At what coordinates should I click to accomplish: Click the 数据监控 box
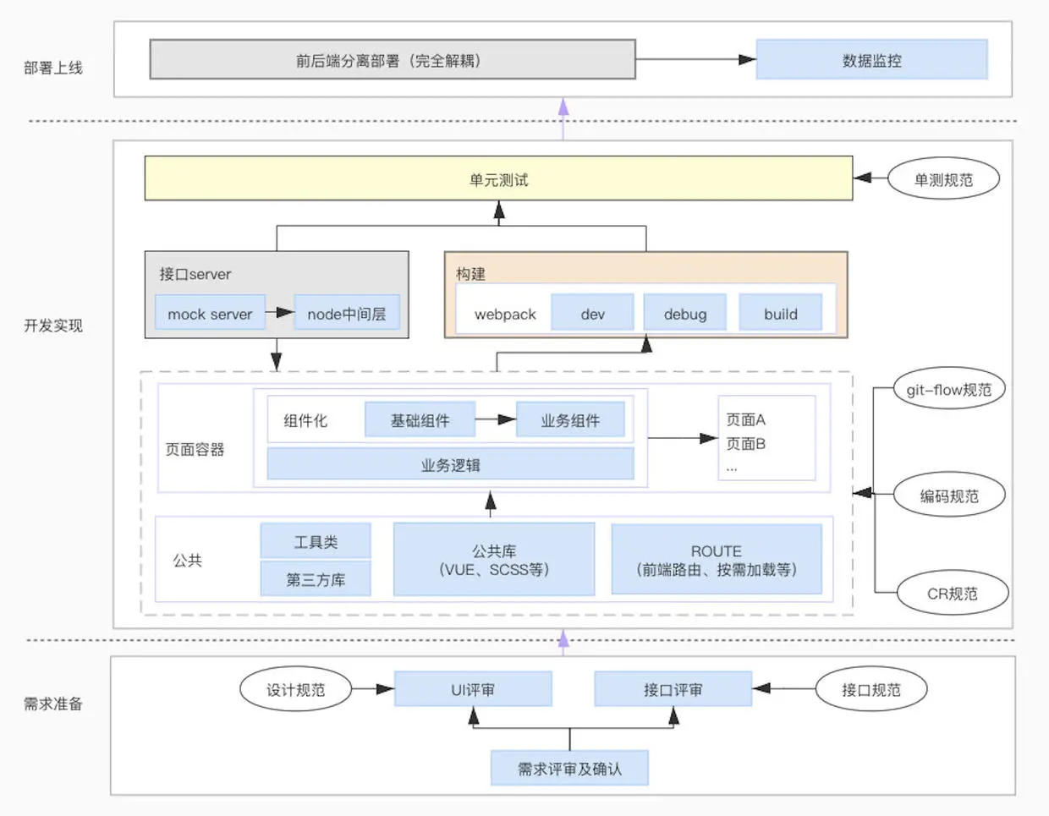[x=871, y=60]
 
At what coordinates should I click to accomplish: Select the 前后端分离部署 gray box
[x=392, y=60]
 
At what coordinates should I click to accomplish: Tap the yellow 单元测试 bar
[x=498, y=179]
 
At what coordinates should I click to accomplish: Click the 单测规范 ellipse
[x=943, y=179]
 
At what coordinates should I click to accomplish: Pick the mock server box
[x=210, y=314]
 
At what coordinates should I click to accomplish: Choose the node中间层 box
[x=346, y=314]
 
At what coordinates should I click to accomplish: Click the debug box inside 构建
[x=684, y=314]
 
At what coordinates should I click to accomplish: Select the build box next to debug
[x=780, y=314]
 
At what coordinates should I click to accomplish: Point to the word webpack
[x=505, y=315]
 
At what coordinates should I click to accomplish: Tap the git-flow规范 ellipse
[x=948, y=390]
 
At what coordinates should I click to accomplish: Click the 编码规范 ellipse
[x=949, y=496]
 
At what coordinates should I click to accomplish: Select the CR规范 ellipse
[x=952, y=594]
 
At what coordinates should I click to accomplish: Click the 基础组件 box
[x=420, y=420]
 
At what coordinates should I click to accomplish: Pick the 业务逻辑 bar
[x=450, y=465]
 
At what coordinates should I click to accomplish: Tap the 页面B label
[x=745, y=443]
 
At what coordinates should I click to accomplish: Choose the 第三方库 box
[x=316, y=580]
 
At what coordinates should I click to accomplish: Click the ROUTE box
[x=716, y=560]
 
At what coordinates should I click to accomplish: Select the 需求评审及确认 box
[x=569, y=769]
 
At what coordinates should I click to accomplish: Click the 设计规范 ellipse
[x=295, y=690]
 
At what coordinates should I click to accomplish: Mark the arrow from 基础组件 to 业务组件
[x=496, y=419]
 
